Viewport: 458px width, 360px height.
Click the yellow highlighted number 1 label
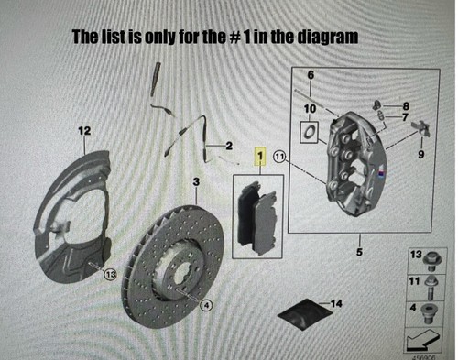pos(260,158)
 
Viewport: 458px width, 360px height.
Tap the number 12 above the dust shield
pos(83,132)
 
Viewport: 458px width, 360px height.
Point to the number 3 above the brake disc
pos(196,183)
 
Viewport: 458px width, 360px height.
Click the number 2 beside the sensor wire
pos(228,146)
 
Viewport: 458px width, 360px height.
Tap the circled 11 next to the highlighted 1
pos(279,158)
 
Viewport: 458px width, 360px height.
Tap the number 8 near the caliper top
pos(406,106)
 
